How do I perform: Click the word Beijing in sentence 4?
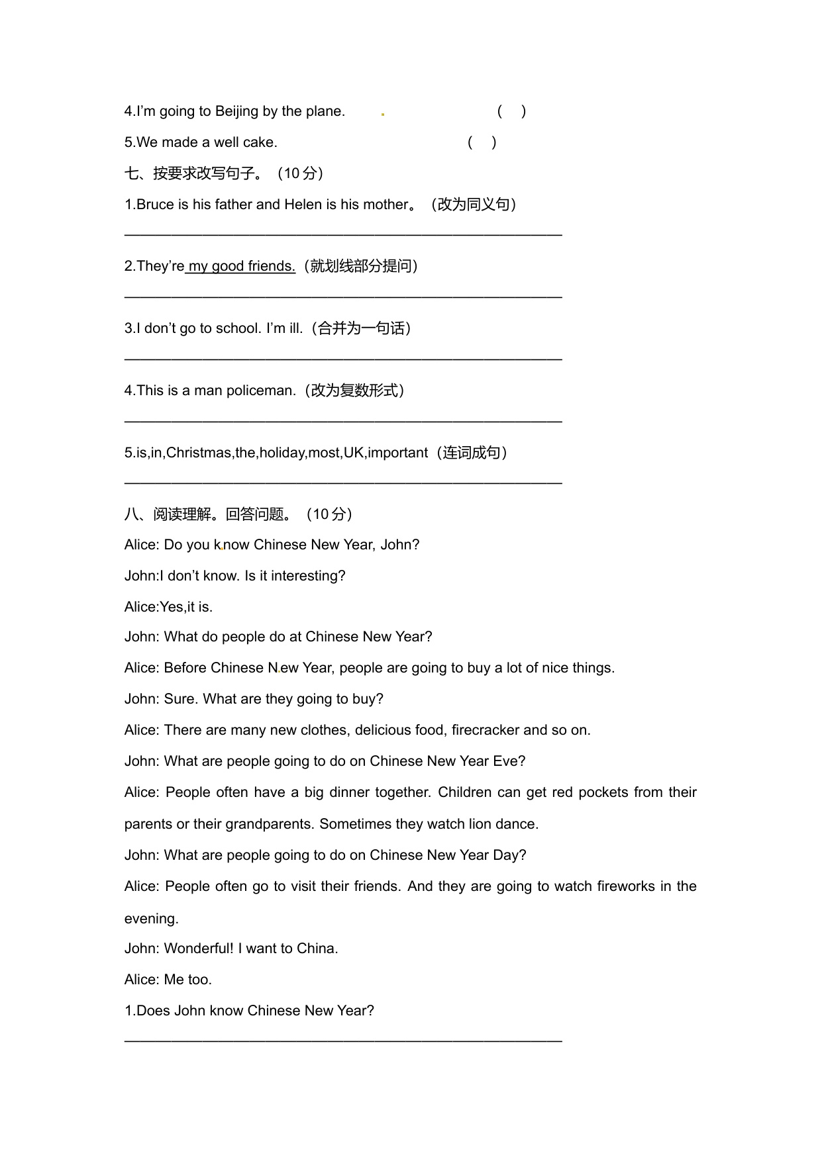(x=236, y=111)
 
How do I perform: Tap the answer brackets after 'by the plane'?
(x=511, y=111)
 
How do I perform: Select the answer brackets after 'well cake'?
(x=482, y=142)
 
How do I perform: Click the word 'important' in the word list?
(x=397, y=453)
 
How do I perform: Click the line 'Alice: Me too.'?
(x=168, y=980)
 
